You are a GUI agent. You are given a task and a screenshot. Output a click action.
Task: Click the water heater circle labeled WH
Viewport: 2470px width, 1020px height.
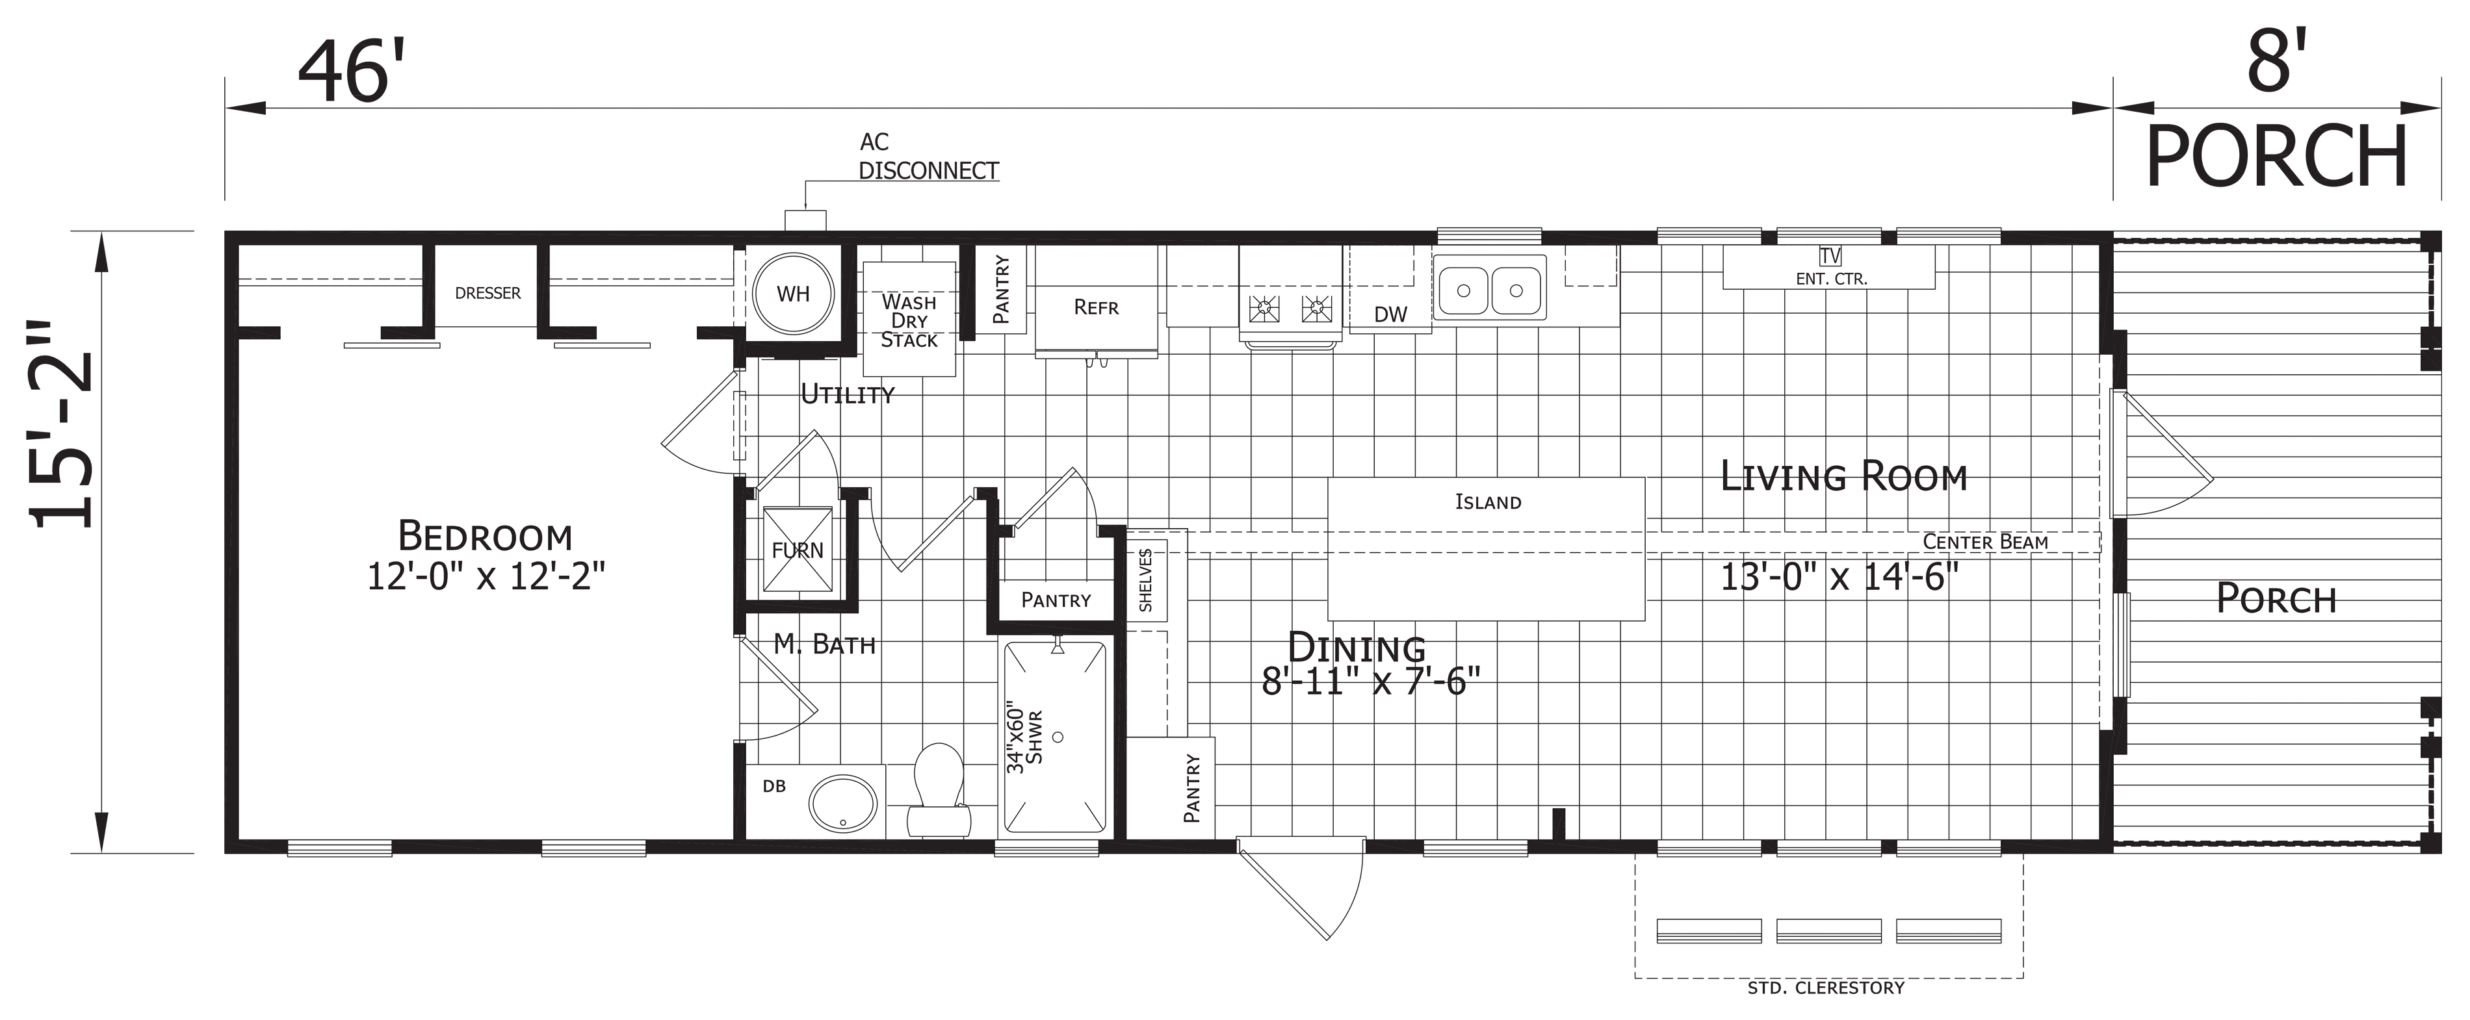pyautogui.click(x=793, y=294)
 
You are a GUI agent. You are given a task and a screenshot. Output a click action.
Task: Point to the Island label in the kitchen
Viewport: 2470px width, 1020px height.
pyautogui.click(x=1487, y=502)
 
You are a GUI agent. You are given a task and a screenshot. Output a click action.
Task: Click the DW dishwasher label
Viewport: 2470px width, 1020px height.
pyautogui.click(x=1390, y=314)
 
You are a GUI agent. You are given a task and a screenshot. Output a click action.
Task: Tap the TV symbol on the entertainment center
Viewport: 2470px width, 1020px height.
pyautogui.click(x=1830, y=256)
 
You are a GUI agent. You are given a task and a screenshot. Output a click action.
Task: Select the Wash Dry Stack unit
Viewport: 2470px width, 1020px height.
pyautogui.click(x=909, y=319)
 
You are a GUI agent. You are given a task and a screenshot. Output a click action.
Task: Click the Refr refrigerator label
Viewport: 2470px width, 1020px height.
pyautogui.click(x=1096, y=307)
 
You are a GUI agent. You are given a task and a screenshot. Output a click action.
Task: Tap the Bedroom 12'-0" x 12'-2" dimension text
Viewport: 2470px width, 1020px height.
pyautogui.click(x=486, y=577)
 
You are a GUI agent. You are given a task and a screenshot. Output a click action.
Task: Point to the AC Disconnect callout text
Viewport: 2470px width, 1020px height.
pyautogui.click(x=928, y=157)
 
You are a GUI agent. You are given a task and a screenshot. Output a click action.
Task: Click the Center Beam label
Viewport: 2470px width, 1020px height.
pyautogui.click(x=1985, y=542)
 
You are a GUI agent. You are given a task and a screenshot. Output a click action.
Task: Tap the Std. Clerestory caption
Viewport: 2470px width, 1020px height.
pyautogui.click(x=1826, y=988)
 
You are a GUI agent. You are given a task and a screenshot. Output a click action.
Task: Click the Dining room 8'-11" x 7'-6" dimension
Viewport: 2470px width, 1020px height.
pyautogui.click(x=1371, y=682)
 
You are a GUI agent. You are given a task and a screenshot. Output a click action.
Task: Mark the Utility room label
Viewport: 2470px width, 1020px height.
pyautogui.click(x=848, y=394)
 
